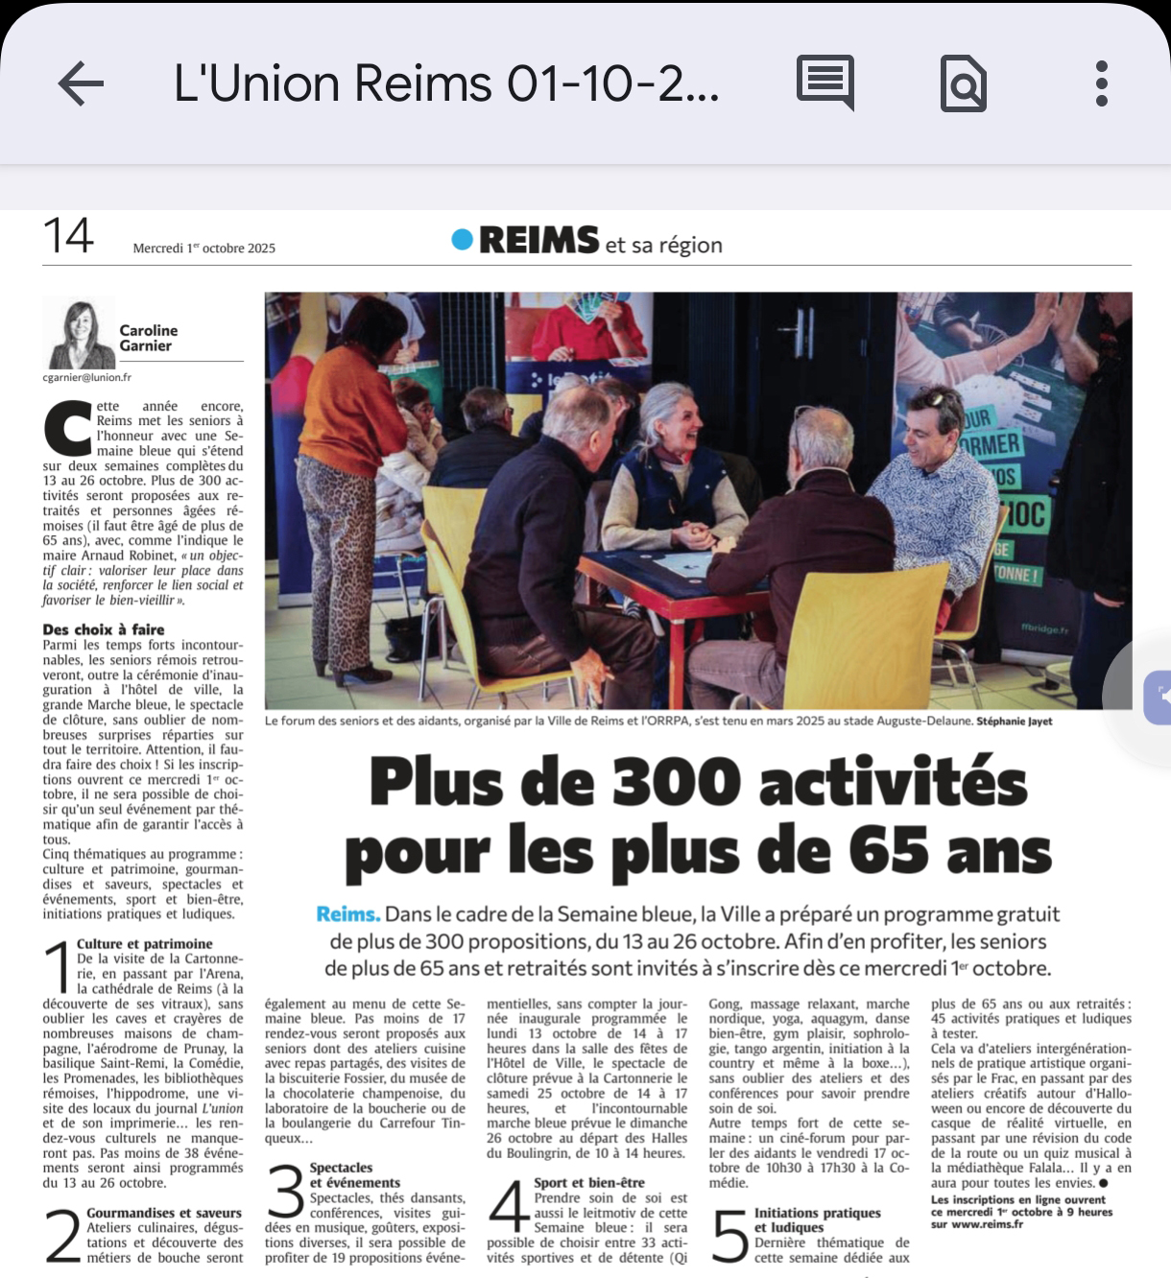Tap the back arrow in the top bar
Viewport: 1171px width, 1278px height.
[x=81, y=83]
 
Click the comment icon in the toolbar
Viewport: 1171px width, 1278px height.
[x=825, y=83]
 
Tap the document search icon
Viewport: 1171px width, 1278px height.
[x=963, y=84]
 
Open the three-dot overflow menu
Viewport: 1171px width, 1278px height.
[x=1101, y=83]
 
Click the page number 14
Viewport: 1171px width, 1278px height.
[x=68, y=236]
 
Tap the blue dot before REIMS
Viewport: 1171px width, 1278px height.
[x=463, y=240]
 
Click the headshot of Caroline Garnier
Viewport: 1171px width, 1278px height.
[x=81, y=335]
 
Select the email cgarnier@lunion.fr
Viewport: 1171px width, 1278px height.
[x=87, y=378]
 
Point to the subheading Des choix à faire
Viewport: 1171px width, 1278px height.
[x=104, y=629]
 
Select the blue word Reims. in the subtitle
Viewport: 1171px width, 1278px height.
[x=348, y=914]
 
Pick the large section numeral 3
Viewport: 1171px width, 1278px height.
[x=285, y=1191]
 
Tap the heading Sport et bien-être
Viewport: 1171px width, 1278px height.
[x=589, y=1183]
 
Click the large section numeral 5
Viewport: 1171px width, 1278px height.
[x=729, y=1235]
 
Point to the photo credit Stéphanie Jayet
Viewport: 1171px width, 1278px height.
[x=1015, y=722]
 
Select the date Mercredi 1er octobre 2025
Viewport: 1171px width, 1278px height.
[x=204, y=248]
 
